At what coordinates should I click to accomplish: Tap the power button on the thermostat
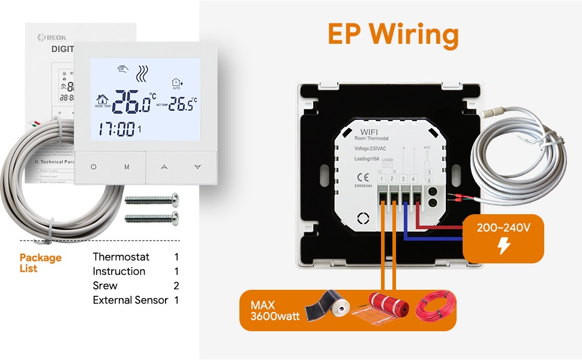click(94, 167)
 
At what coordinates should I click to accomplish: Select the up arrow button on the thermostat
click(164, 167)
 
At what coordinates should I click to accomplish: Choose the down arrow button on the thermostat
click(197, 167)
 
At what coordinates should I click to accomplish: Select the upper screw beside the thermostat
click(152, 198)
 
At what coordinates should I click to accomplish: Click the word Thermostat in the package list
click(121, 257)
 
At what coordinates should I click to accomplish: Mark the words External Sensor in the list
click(130, 300)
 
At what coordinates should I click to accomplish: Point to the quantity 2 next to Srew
click(176, 286)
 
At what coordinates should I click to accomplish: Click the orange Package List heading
click(40, 263)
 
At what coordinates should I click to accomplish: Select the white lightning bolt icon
click(505, 246)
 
